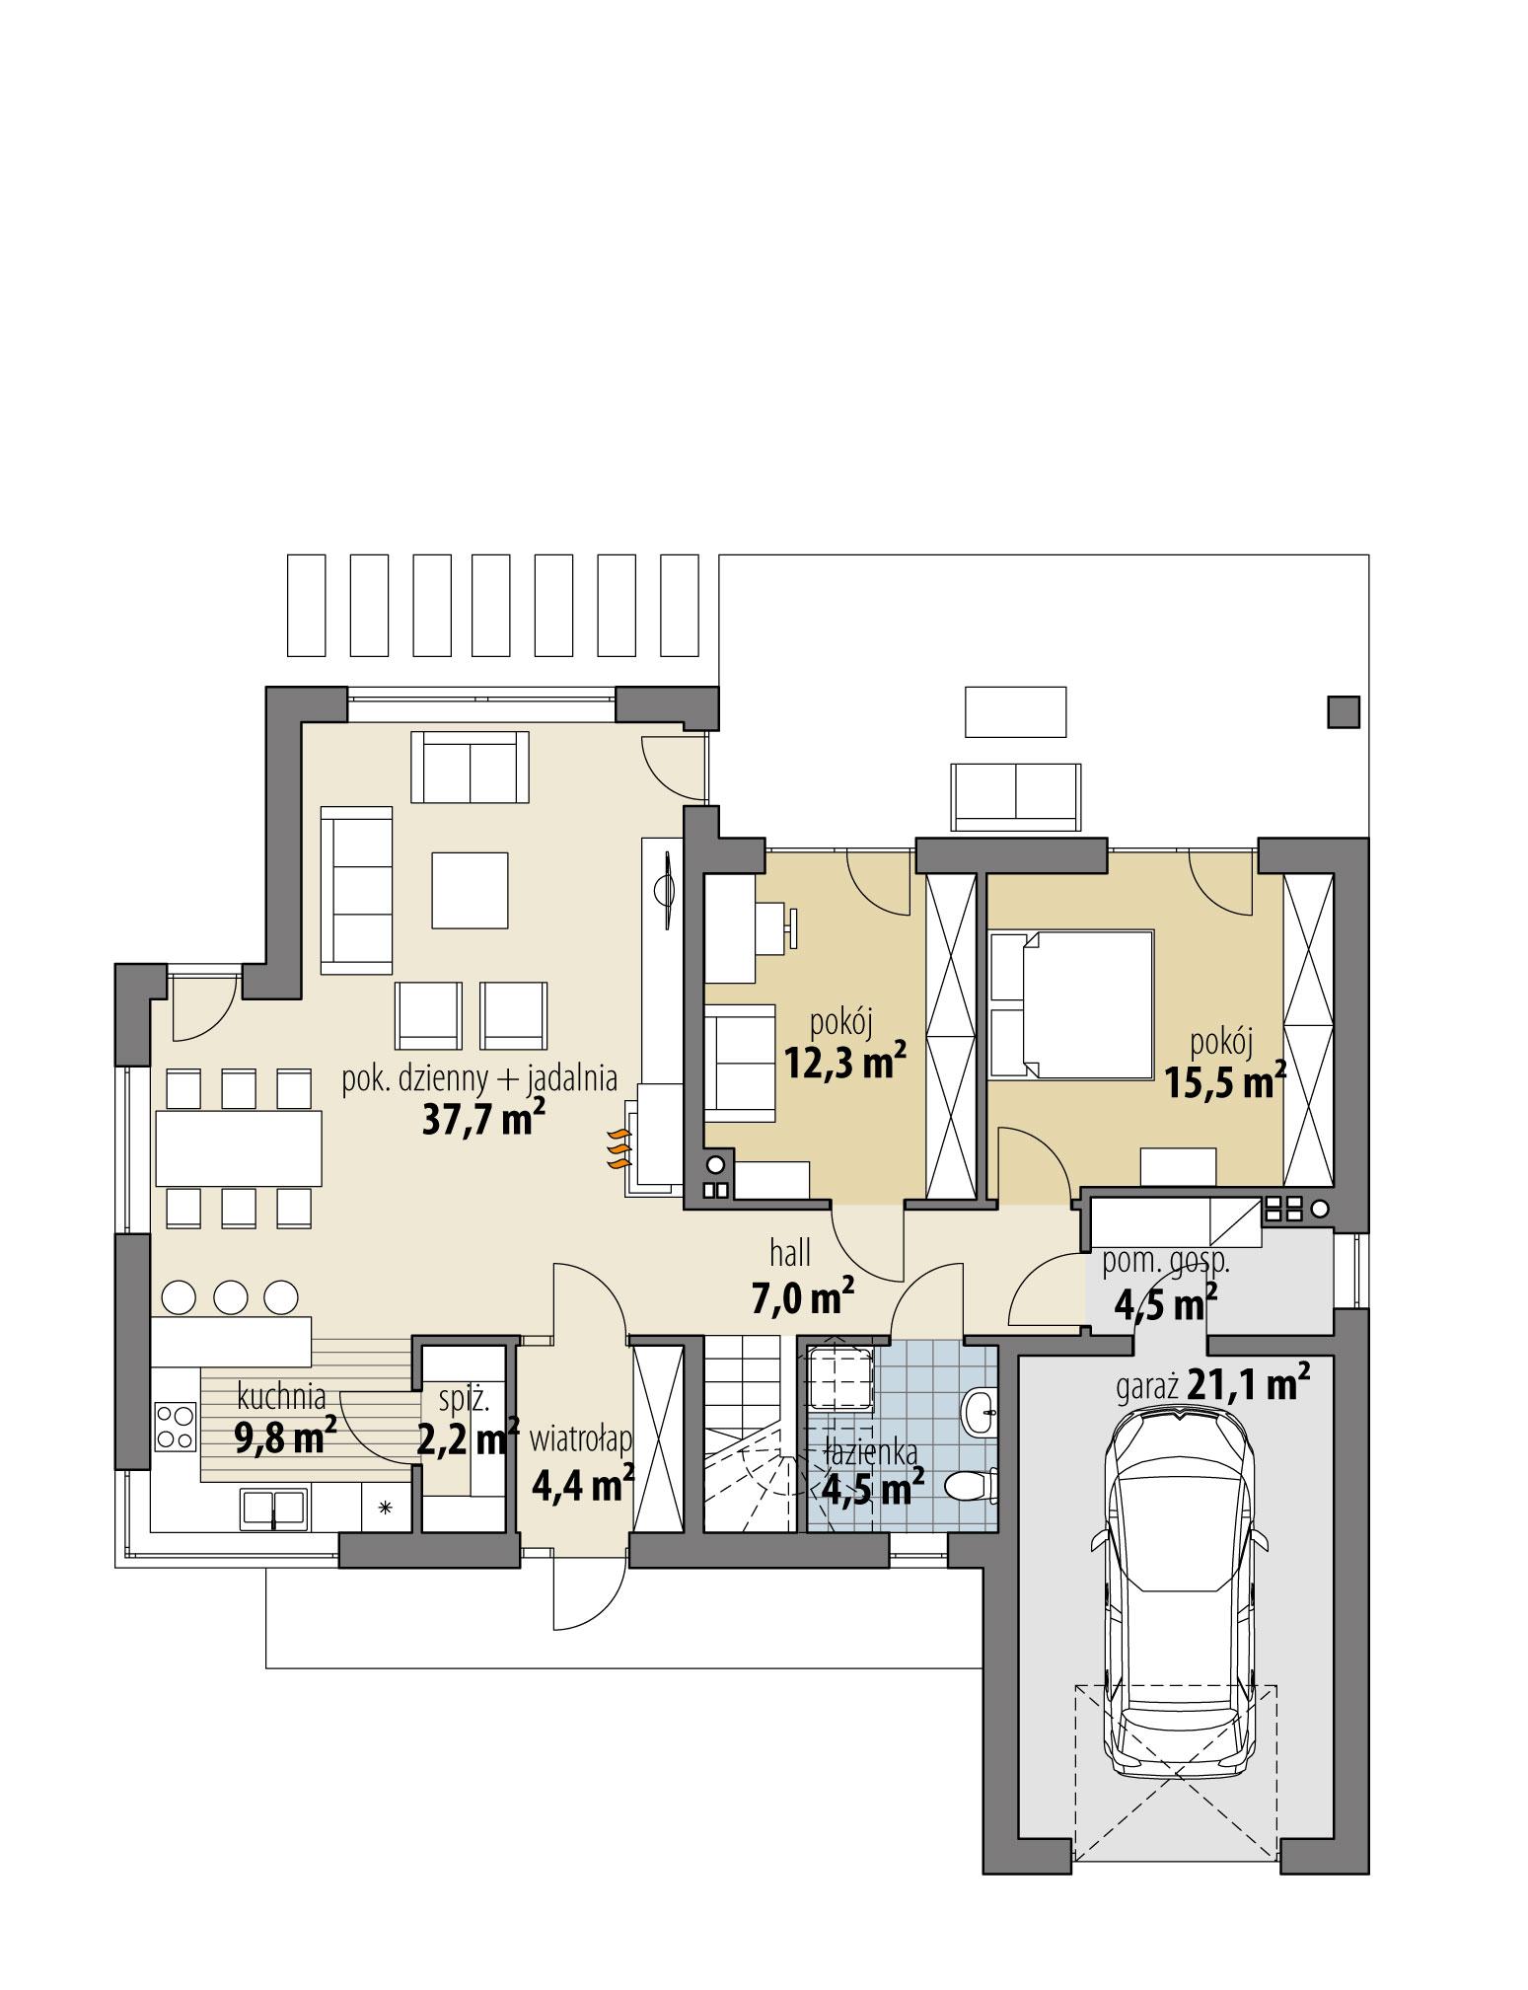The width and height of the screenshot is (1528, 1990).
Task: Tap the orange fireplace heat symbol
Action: [617, 1149]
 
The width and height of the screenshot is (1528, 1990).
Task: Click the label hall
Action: [790, 1254]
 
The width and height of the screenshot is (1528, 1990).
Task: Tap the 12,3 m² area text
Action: [844, 1062]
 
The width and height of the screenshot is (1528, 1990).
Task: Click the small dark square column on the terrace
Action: [1343, 711]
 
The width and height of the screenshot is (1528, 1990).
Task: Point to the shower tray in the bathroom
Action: [839, 1380]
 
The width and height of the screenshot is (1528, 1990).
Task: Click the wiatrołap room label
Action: [580, 1440]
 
